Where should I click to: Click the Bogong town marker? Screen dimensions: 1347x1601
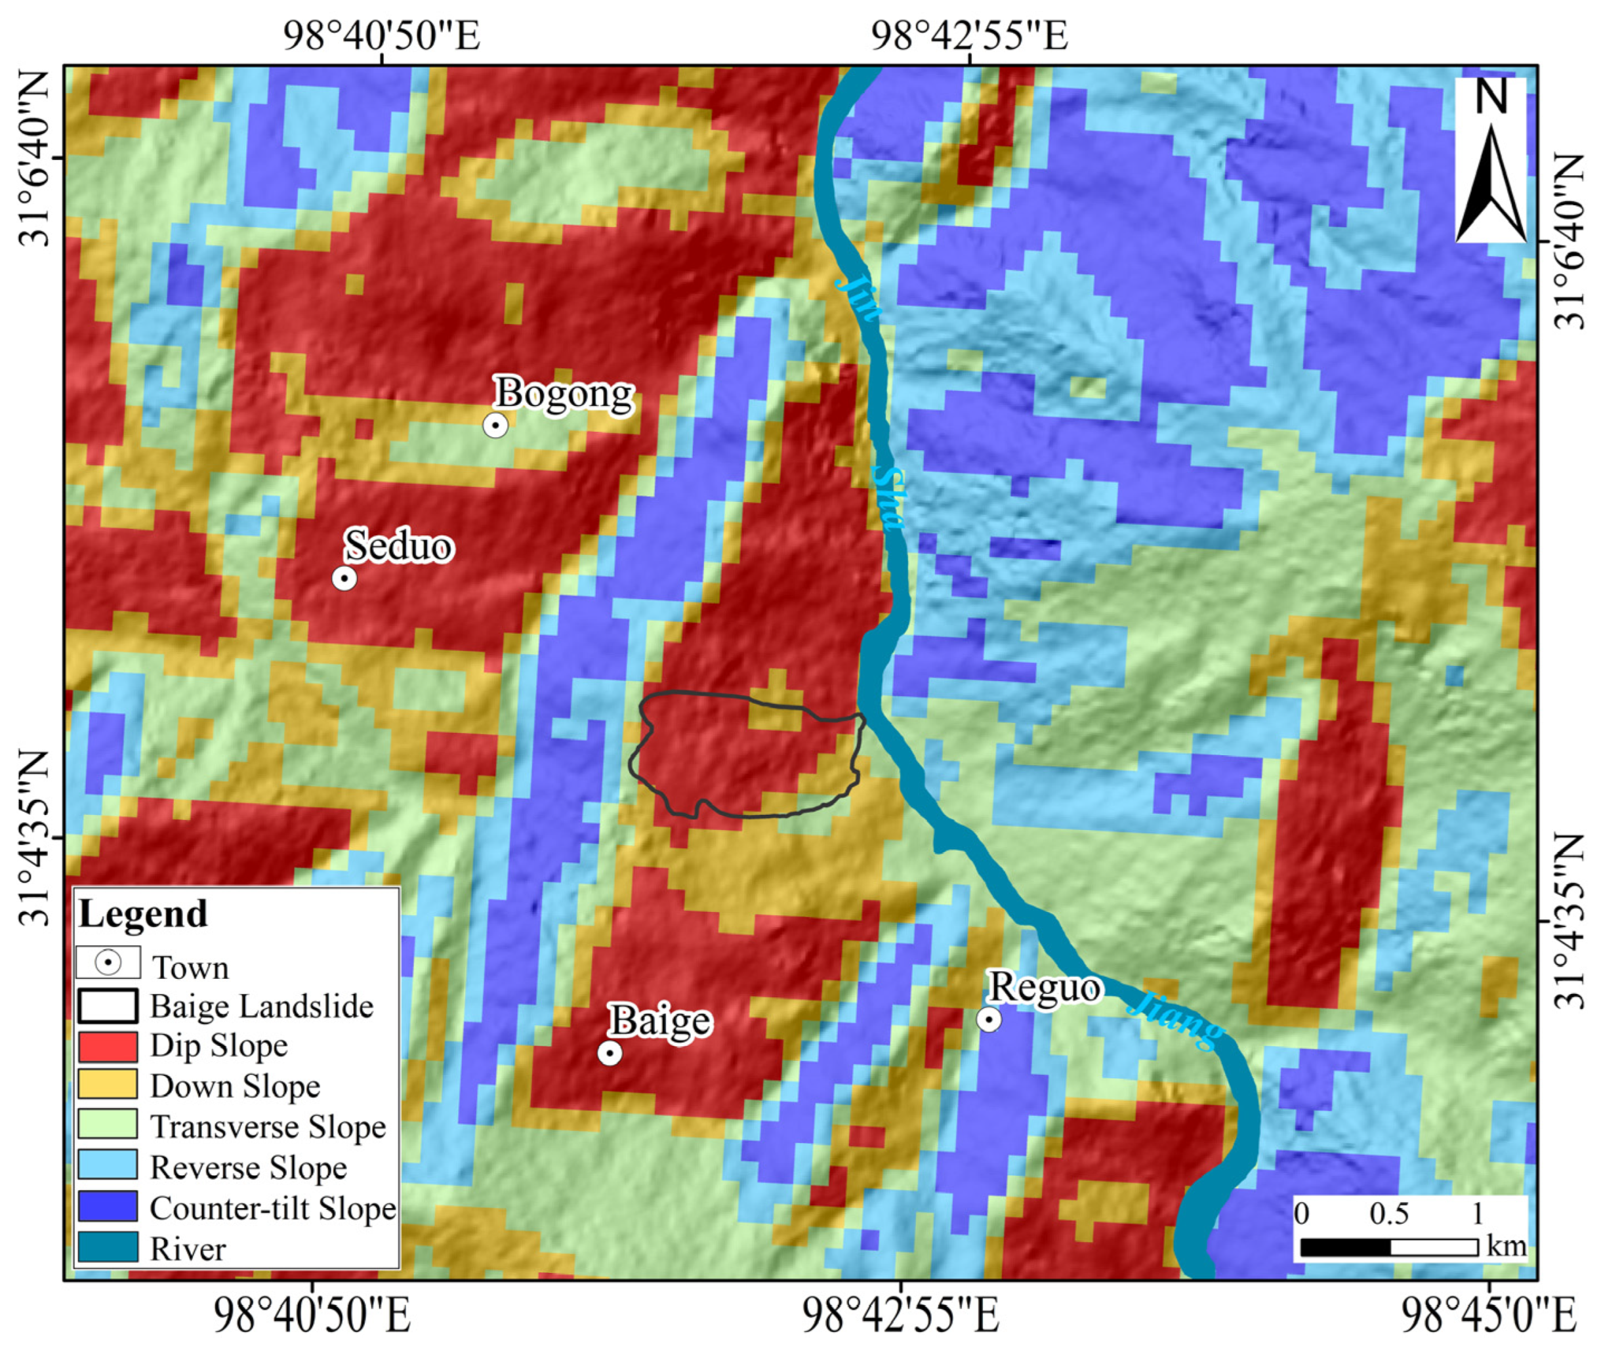pos(495,425)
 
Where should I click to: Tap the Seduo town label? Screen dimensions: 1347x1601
pos(398,547)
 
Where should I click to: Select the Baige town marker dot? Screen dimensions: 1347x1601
pos(610,1054)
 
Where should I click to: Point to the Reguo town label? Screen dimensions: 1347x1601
pos(1044,988)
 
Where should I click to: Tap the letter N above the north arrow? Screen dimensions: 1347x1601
pos(1491,97)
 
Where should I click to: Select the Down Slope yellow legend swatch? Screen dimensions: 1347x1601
pos(108,1085)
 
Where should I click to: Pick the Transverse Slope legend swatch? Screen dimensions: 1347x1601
pos(108,1124)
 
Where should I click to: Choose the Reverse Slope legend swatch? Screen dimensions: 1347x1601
pos(108,1165)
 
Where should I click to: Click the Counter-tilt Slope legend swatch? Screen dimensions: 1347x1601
pos(108,1206)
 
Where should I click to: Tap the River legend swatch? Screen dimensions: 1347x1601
pos(108,1247)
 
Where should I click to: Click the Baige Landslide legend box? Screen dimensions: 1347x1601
pos(108,1006)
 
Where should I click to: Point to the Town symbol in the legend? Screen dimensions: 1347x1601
pos(108,963)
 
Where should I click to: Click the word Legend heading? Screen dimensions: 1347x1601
pos(143,915)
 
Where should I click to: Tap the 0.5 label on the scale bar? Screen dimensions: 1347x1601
pos(1389,1213)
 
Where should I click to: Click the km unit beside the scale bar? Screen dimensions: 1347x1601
pos(1507,1245)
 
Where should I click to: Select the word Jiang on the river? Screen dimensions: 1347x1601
pos(1176,1020)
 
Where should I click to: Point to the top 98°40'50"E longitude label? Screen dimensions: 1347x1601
pos(382,35)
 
